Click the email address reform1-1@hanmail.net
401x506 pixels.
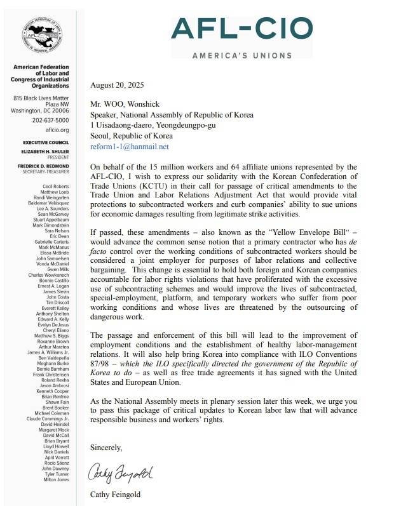pyautogui.click(x=130, y=146)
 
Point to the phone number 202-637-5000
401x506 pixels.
pyautogui.click(x=51, y=119)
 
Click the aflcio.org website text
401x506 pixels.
pyautogui.click(x=57, y=130)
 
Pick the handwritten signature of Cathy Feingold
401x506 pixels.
pyautogui.click(x=121, y=474)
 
